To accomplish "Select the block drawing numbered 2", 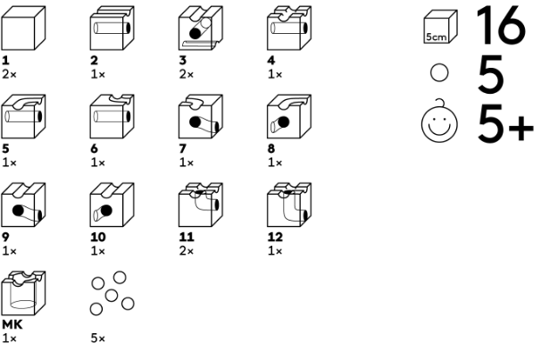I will [112, 29].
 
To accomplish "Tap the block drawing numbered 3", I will [199, 29].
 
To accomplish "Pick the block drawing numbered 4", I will [287, 29].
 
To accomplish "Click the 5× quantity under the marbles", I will [97, 339].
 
